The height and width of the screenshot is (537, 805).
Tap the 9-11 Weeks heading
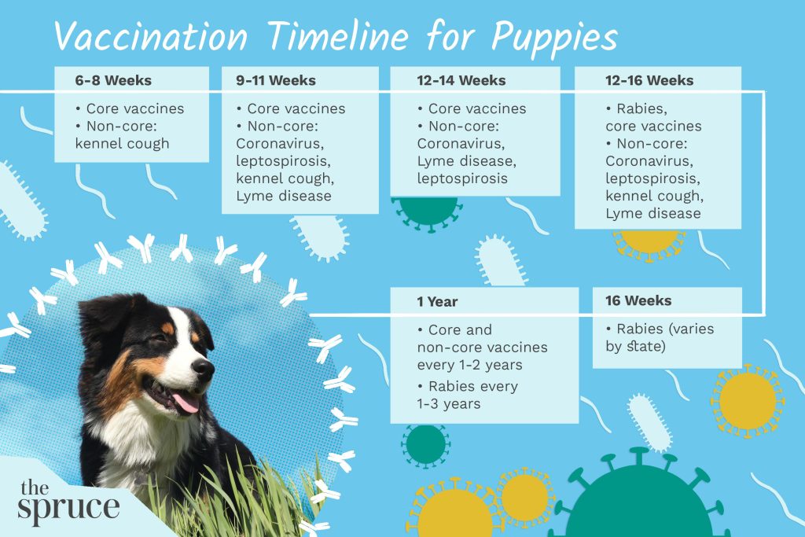click(274, 81)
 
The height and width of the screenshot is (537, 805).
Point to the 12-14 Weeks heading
click(461, 81)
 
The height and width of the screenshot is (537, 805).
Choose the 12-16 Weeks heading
click(649, 81)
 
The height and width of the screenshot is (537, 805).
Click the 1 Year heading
click(437, 302)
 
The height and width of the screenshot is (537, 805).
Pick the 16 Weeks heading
click(638, 301)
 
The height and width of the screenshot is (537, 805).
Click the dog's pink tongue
click(186, 403)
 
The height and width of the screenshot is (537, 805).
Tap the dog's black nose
click(203, 367)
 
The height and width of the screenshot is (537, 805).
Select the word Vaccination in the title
click(149, 38)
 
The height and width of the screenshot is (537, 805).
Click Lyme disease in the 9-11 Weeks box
click(284, 196)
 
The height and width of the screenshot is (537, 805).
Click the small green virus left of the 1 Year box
click(425, 444)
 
